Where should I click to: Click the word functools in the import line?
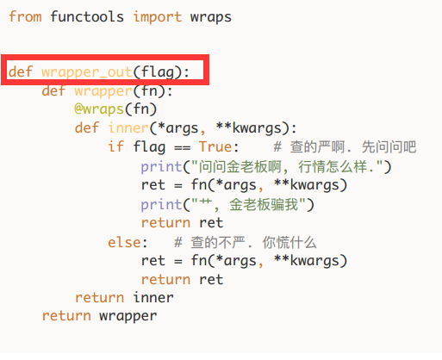click(87, 16)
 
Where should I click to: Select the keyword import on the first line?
click(158, 17)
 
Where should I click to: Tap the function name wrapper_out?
click(86, 72)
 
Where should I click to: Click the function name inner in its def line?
click(128, 127)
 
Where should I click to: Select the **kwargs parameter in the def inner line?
click(249, 128)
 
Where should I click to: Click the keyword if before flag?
click(116, 146)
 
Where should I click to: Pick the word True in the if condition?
click(215, 146)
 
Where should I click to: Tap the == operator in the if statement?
click(183, 148)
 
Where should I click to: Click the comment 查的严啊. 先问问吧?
click(345, 147)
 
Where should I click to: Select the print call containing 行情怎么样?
click(266, 167)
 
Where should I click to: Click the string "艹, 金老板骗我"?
click(249, 204)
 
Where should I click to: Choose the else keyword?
click(125, 243)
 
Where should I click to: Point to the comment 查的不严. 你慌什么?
click(246, 243)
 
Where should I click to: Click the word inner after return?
click(153, 297)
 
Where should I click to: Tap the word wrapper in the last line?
click(128, 317)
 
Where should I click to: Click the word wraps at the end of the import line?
click(211, 17)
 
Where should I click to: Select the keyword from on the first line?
click(25, 16)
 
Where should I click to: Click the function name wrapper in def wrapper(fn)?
click(103, 92)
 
